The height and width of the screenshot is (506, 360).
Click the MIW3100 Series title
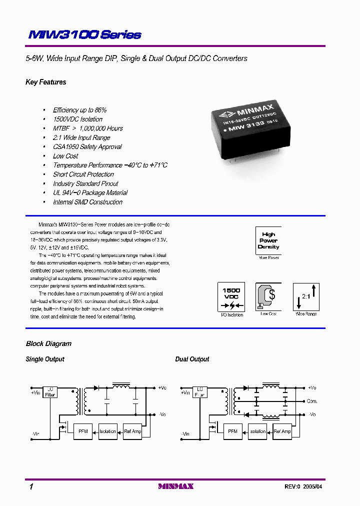tap(84, 35)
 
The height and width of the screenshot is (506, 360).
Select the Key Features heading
tap(45, 82)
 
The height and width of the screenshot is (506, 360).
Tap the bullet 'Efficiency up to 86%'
tap(79, 110)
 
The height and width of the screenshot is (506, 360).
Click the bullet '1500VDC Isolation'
tap(77, 119)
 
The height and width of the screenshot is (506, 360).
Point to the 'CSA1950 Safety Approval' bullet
tap(87, 147)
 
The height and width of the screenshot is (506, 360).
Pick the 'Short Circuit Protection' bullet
tap(83, 174)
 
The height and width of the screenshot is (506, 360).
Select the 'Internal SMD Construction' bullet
tap(87, 202)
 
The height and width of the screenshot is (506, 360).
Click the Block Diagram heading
tap(48, 343)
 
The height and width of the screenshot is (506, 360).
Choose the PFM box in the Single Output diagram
tap(82, 431)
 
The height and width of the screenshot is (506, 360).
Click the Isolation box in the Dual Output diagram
tap(257, 431)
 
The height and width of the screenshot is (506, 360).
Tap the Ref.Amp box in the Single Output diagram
tap(132, 431)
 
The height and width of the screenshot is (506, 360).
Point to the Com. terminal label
tap(312, 401)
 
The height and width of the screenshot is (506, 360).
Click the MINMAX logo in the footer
tap(175, 486)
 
